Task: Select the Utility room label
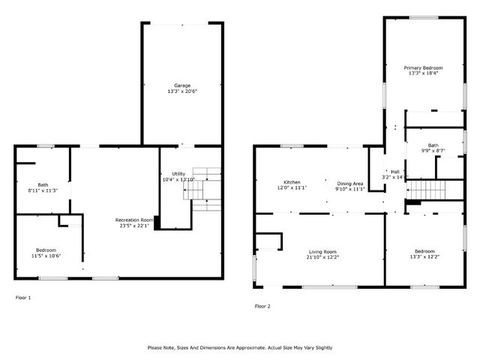178,173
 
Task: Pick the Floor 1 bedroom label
46,250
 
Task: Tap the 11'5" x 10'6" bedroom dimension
46,256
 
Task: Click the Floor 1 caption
23,298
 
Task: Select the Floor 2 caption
262,306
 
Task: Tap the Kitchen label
292,182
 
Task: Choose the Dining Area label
349,183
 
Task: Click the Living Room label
323,251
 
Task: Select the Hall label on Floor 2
394,171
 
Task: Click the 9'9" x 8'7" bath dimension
433,151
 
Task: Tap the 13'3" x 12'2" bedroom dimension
424,257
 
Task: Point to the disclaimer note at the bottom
240,347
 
